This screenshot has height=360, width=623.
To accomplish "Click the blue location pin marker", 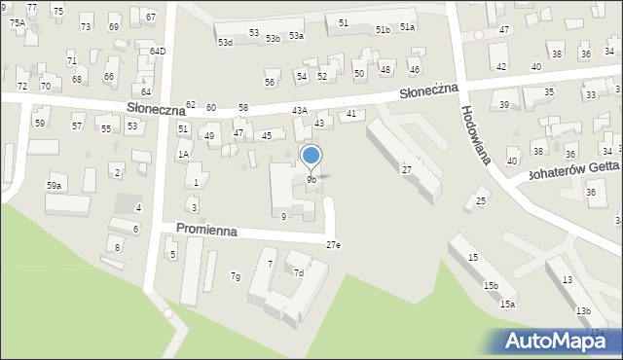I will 311,156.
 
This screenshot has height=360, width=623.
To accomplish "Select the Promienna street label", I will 206,229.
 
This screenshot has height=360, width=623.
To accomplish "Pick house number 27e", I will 333,245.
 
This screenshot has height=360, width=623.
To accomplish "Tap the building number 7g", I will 235,277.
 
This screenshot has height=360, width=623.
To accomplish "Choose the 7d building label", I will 299,273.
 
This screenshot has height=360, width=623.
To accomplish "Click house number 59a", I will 55,185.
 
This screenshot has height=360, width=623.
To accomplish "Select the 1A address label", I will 182,155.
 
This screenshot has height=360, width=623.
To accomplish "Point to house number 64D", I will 158,51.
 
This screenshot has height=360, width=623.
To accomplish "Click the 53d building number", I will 225,43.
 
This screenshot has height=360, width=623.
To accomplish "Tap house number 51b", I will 383,30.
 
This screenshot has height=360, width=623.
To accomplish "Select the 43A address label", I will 300,112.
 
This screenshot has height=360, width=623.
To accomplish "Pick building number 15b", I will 492,285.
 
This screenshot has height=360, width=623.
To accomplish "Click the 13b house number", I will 582,310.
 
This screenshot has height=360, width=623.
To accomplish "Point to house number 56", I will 270,82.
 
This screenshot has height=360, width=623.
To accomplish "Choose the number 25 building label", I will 481,201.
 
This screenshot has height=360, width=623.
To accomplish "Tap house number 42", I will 501,66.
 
